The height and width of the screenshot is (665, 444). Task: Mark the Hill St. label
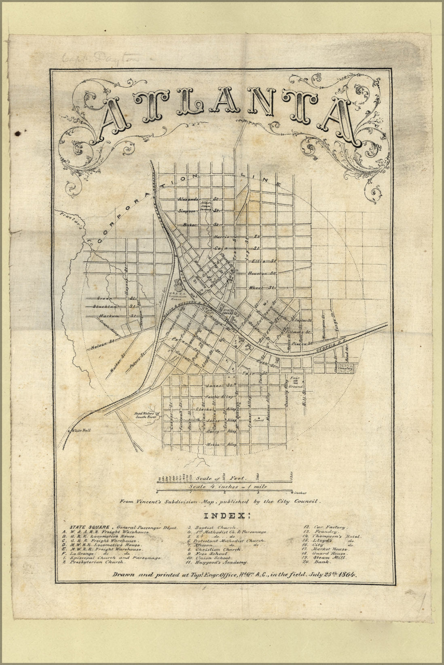tap(305, 400)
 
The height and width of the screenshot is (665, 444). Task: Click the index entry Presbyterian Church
tap(99, 562)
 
